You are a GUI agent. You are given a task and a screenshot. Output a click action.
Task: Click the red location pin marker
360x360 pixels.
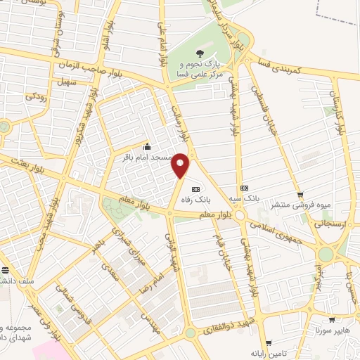tap(181, 165)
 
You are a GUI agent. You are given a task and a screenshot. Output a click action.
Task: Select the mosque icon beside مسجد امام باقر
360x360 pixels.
tap(146, 147)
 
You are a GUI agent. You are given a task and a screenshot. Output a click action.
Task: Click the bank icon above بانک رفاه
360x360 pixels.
tap(196, 188)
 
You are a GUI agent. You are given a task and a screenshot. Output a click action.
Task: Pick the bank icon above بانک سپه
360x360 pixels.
tap(244, 188)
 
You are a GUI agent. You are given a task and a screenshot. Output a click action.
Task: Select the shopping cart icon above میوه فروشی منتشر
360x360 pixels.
tap(300, 195)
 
